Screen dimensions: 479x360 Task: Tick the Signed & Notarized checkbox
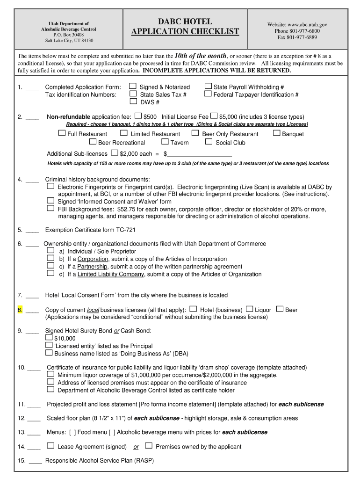point(133,86)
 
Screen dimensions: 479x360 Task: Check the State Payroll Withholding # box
point(208,86)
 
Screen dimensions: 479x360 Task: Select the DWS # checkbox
point(133,101)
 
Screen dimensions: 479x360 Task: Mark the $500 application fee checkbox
point(138,116)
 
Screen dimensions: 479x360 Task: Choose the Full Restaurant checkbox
point(62,133)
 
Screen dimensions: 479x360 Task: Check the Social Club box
point(209,142)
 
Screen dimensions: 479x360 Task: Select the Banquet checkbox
point(276,133)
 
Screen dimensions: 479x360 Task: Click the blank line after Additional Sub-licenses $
point(200,154)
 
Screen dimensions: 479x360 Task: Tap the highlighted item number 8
point(20,310)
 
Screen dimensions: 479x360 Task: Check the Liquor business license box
point(249,309)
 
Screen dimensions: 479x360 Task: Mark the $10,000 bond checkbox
point(49,337)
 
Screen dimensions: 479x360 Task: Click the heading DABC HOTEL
point(185,22)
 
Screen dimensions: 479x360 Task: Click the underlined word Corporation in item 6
point(93,259)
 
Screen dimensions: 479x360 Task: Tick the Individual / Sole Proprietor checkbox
point(50,251)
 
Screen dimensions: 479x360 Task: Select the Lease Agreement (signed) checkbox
point(50,446)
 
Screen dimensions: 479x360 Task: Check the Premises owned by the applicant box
point(149,446)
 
